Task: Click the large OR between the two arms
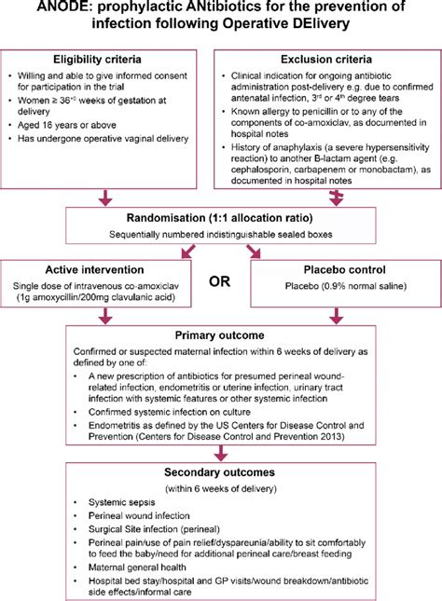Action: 220,279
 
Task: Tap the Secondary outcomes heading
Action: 220,471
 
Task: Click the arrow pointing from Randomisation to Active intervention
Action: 190,249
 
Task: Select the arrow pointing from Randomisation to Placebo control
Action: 252,249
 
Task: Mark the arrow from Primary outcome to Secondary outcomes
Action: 220,453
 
